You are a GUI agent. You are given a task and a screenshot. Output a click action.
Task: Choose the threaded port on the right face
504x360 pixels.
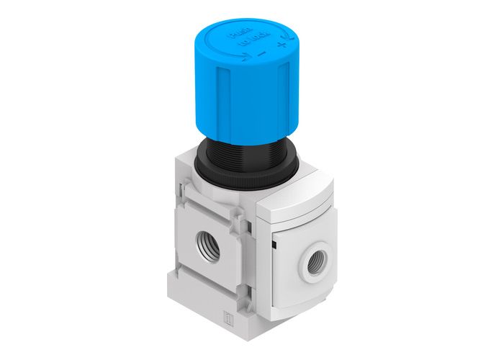316,263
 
